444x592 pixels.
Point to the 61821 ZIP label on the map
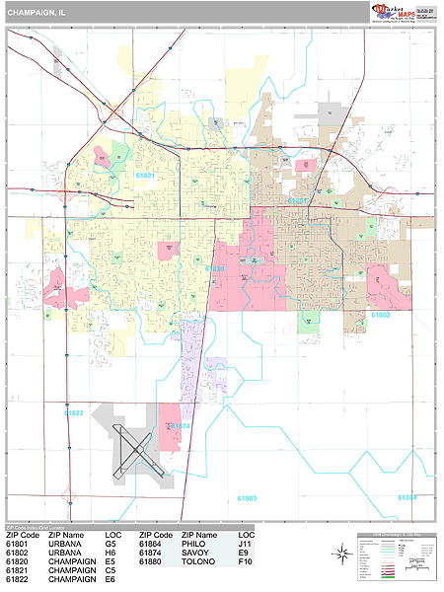[x=146, y=175]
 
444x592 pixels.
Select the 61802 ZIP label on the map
[x=381, y=314]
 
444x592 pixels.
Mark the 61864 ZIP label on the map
[x=407, y=496]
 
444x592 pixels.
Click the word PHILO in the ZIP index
[x=191, y=544]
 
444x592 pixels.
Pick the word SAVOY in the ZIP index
[x=192, y=553]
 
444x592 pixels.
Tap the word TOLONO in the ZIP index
[x=195, y=561]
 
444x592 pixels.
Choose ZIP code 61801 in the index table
[x=17, y=544]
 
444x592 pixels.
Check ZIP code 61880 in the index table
[x=150, y=561]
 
